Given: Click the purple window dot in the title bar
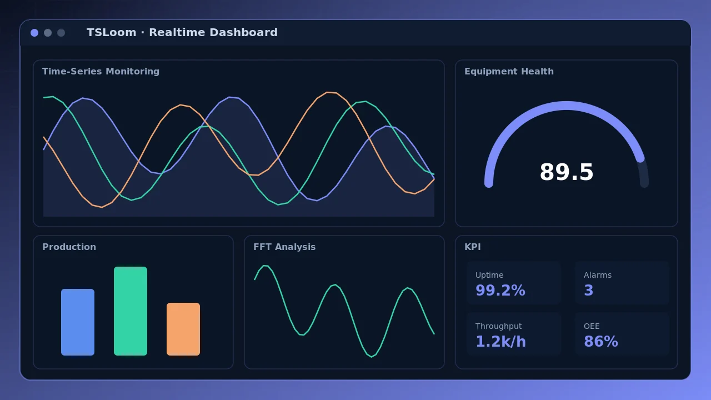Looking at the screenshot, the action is pyautogui.click(x=34, y=33).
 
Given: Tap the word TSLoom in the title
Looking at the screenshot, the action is pyautogui.click(x=112, y=32).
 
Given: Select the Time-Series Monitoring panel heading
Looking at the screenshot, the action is pyautogui.click(x=101, y=72).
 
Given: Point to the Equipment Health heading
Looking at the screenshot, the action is pyautogui.click(x=509, y=72).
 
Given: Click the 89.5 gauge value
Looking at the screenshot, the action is pyautogui.click(x=566, y=172).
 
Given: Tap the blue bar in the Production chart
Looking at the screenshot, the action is pyautogui.click(x=78, y=322).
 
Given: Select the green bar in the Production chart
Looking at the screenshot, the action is pyautogui.click(x=131, y=311).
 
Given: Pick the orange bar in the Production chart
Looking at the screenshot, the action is pyautogui.click(x=183, y=329).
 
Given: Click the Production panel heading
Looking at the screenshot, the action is pyautogui.click(x=69, y=247).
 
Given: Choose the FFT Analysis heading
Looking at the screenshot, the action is pyautogui.click(x=284, y=247).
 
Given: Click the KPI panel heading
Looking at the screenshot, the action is pyautogui.click(x=472, y=247).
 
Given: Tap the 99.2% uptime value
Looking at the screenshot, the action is pyautogui.click(x=500, y=290).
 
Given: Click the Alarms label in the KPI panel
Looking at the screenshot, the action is pyautogui.click(x=597, y=275).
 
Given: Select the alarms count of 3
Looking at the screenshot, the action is pyautogui.click(x=588, y=290).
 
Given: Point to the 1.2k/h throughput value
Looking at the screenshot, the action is pyautogui.click(x=500, y=341).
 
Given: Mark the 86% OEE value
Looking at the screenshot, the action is pyautogui.click(x=601, y=341).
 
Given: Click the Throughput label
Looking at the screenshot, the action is pyautogui.click(x=498, y=326).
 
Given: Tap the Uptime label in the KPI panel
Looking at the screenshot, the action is pyautogui.click(x=489, y=275).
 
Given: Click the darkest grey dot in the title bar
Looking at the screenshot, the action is pyautogui.click(x=61, y=33).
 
